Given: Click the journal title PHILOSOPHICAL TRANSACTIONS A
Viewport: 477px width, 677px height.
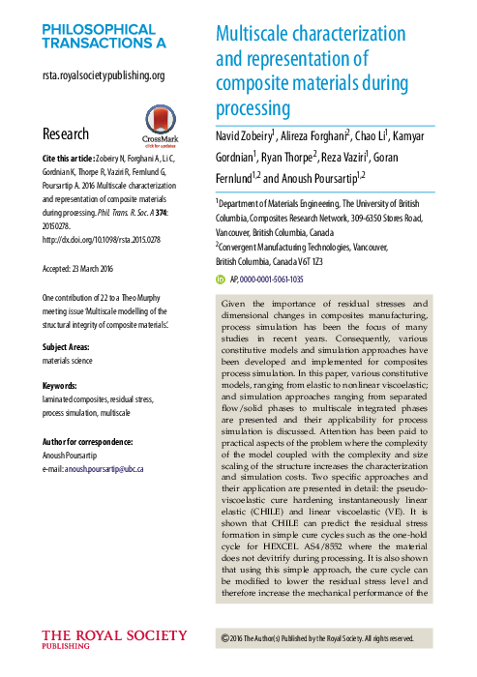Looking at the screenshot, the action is tap(104, 36).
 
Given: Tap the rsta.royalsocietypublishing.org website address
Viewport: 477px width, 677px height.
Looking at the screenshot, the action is tap(104, 75).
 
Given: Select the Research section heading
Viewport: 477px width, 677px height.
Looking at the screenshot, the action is tap(66, 134).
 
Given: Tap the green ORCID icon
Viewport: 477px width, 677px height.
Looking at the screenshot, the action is tap(220, 279).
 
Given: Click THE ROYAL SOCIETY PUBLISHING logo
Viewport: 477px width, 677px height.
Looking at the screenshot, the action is tap(113, 639).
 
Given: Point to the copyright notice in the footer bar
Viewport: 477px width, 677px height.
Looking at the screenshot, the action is tap(317, 638).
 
